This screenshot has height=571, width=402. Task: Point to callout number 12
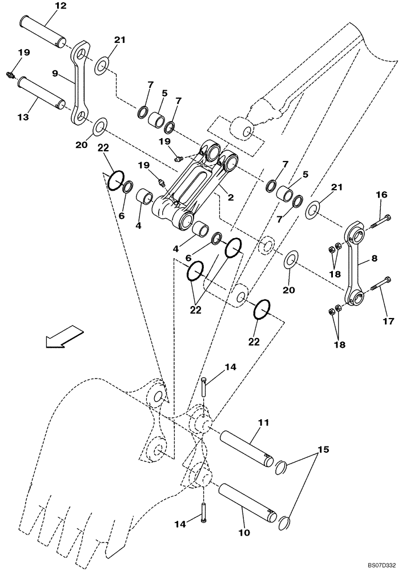(x=60, y=6)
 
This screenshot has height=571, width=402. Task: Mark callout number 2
(x=230, y=198)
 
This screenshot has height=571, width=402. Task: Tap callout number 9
(x=55, y=73)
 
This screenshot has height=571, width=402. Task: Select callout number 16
(x=381, y=195)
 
